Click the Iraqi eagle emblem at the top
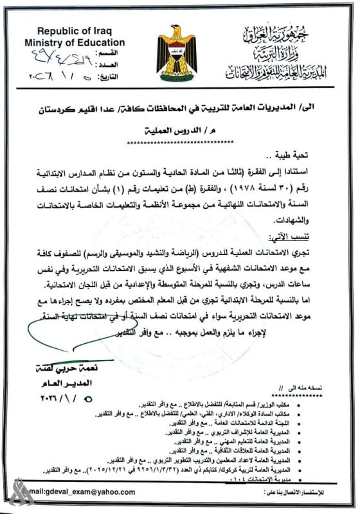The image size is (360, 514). [179, 49]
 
